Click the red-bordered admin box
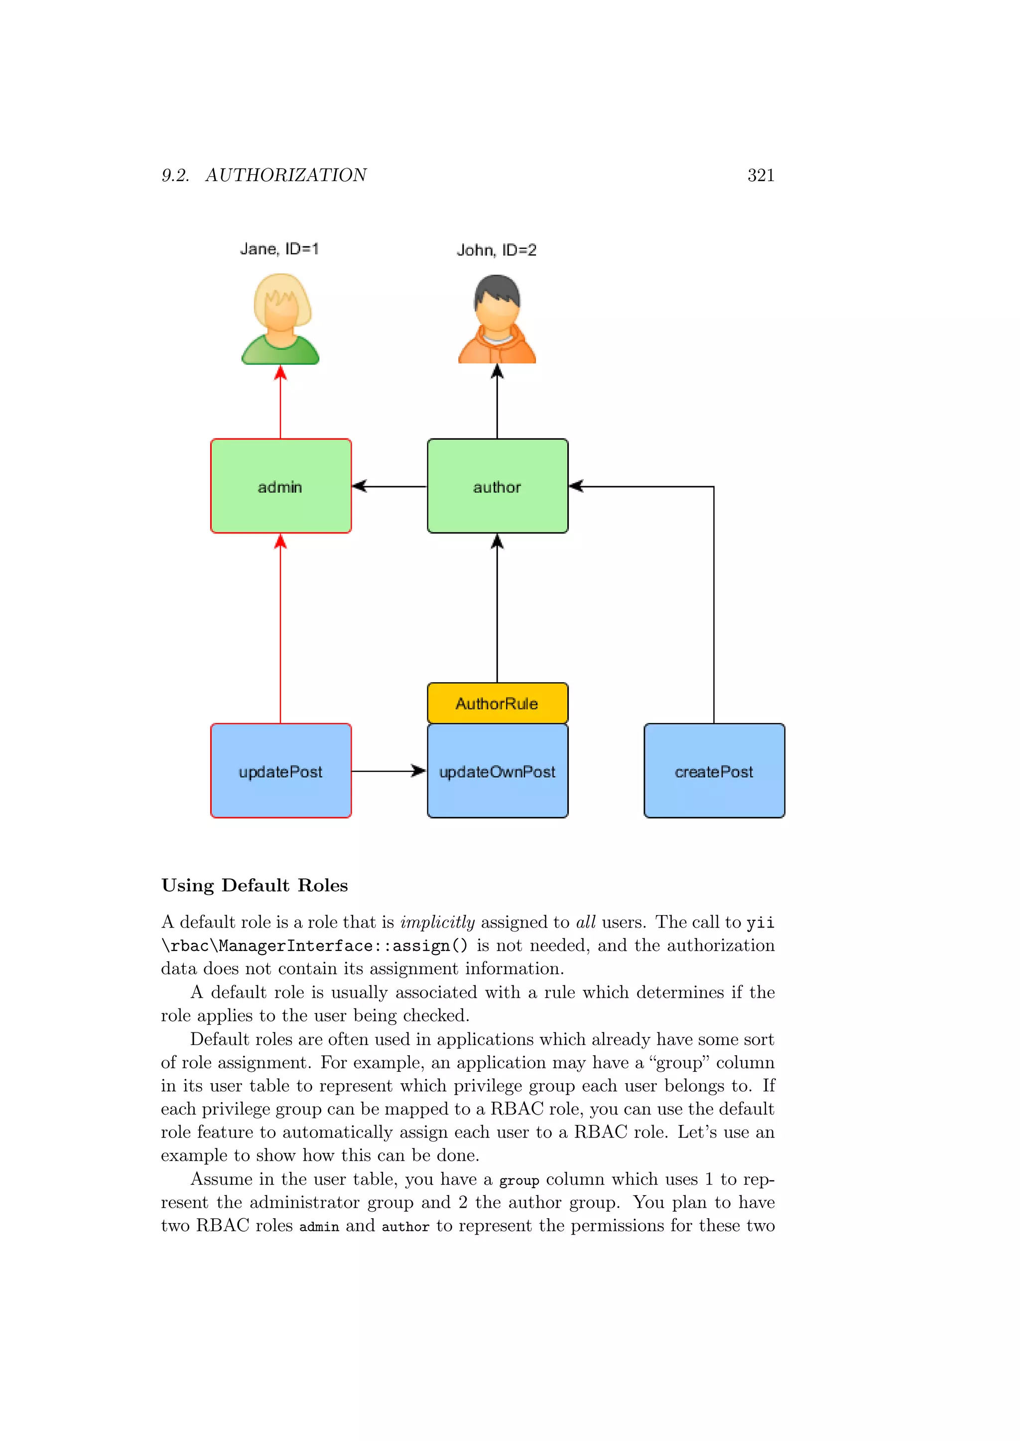click(x=281, y=486)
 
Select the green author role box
click(x=498, y=486)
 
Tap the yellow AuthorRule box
click(x=498, y=703)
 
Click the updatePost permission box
click(x=281, y=771)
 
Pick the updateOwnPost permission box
click(x=498, y=771)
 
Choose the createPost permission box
click(x=714, y=771)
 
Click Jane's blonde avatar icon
click(x=281, y=319)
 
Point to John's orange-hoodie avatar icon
click(x=498, y=319)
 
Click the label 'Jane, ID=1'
click(x=279, y=249)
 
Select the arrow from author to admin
click(x=389, y=486)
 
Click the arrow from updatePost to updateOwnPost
click(x=389, y=771)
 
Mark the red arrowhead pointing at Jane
click(x=281, y=372)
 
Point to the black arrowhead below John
click(x=498, y=372)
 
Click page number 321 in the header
click(x=761, y=175)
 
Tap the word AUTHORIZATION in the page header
click(x=286, y=175)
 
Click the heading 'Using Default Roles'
click(x=255, y=886)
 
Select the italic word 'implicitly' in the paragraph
click(x=437, y=922)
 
